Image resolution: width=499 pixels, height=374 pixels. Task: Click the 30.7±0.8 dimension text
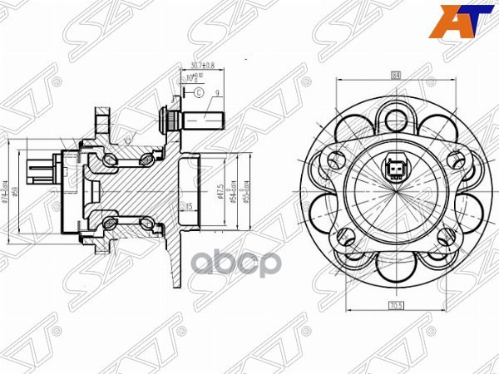(x=203, y=65)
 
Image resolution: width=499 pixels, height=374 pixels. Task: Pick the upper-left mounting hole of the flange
(x=337, y=158)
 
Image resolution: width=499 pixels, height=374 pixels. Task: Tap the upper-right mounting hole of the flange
(x=456, y=158)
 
